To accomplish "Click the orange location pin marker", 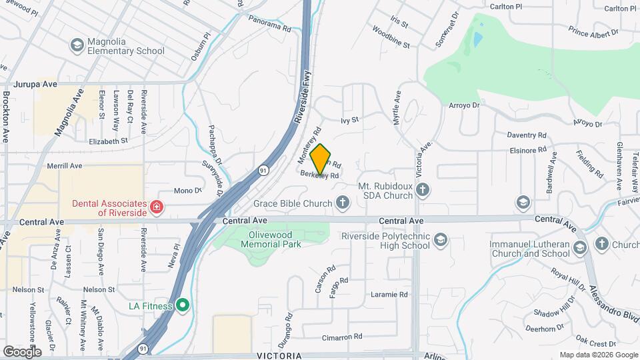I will pyautogui.click(x=321, y=159).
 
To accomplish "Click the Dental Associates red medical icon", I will pyautogui.click(x=157, y=207).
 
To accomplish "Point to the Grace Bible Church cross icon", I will pyautogui.click(x=343, y=202).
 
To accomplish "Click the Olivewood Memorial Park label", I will pyautogui.click(x=275, y=239).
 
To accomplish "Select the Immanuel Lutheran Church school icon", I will pyautogui.click(x=579, y=248).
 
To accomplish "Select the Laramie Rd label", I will pyautogui.click(x=389, y=294).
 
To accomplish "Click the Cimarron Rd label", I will pyautogui.click(x=342, y=337).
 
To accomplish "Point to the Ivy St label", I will pyautogui.click(x=350, y=120).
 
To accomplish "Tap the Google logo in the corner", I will pyautogui.click(x=22, y=351).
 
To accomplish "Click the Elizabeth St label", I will pyautogui.click(x=108, y=141).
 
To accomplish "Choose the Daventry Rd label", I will pyautogui.click(x=527, y=134).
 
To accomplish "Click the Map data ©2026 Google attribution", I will pyautogui.click(x=599, y=355).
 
